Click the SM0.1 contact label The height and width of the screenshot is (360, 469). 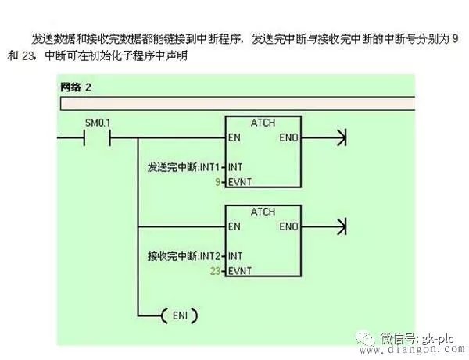(x=98, y=123)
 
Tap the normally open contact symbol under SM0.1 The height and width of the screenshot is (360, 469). (x=97, y=137)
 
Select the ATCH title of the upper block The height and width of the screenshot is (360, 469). (x=263, y=123)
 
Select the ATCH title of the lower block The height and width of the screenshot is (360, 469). (x=263, y=212)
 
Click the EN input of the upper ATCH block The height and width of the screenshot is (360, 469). (x=234, y=137)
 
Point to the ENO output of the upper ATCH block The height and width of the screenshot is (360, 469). (x=288, y=137)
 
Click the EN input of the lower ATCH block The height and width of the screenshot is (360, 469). (x=234, y=226)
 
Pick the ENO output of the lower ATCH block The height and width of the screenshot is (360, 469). (x=288, y=226)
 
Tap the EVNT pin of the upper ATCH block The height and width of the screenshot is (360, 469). (x=240, y=182)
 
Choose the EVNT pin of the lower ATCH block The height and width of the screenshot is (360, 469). (x=240, y=271)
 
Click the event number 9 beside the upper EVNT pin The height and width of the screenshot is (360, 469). (x=218, y=182)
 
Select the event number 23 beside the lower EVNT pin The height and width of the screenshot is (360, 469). (x=215, y=271)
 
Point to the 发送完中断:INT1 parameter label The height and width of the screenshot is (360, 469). (x=184, y=167)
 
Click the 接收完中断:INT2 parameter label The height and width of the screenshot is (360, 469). (x=184, y=256)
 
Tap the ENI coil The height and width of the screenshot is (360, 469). (x=180, y=315)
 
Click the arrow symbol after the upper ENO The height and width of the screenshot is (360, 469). (x=342, y=137)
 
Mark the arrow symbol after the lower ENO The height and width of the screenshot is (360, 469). (x=342, y=226)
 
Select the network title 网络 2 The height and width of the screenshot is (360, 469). (x=76, y=87)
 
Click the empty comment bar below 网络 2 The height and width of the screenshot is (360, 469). (x=238, y=104)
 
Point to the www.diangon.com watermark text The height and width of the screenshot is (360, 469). (x=412, y=349)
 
